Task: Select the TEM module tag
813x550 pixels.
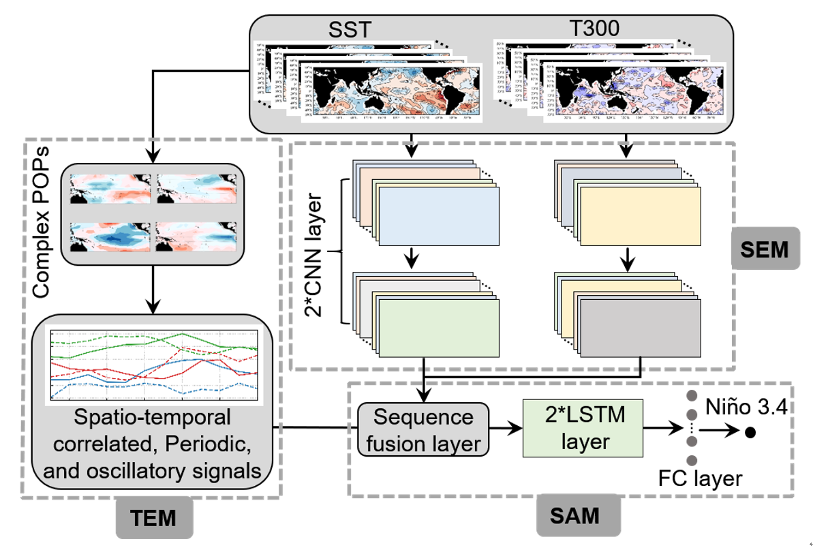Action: (x=154, y=518)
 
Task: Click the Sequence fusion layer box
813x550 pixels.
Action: (x=423, y=430)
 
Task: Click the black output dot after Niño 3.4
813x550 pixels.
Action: (x=751, y=432)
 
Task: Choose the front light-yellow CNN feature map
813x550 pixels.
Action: (x=640, y=213)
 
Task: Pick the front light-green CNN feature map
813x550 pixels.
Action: (x=438, y=328)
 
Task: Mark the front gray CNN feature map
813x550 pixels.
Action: (x=640, y=327)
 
